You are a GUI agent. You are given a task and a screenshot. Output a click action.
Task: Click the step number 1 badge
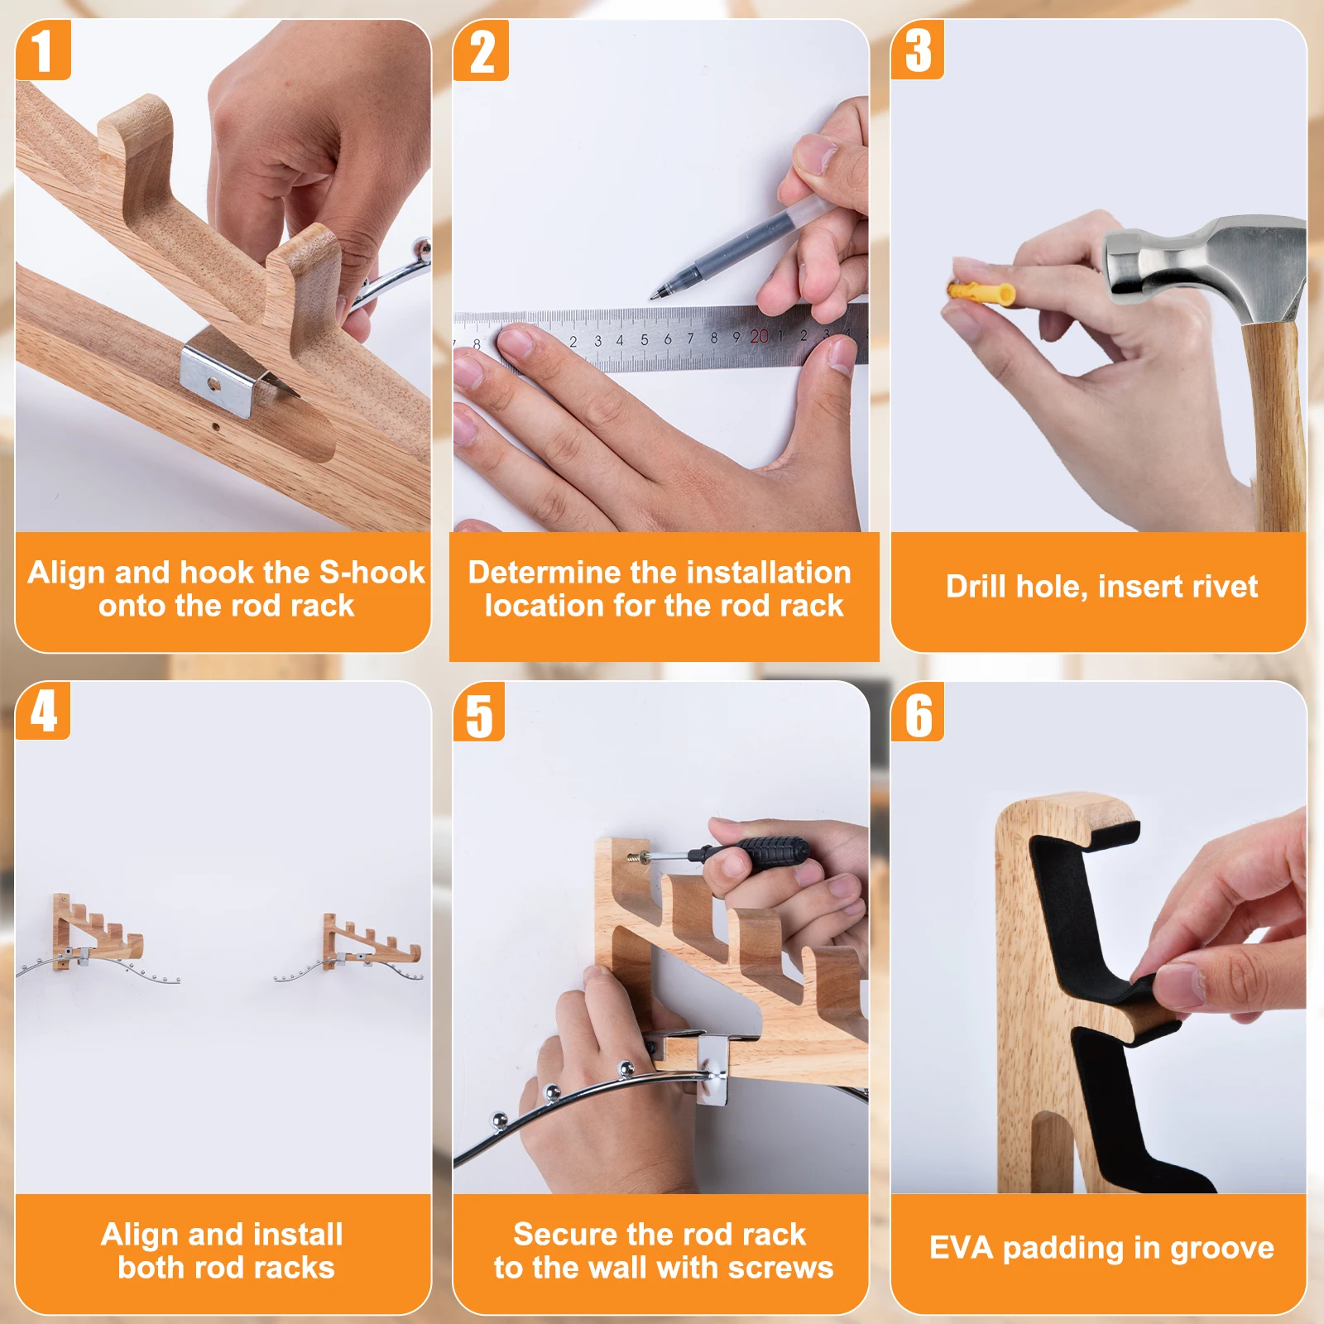pos(43,50)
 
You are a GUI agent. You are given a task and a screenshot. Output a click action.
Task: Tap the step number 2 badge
pos(482,50)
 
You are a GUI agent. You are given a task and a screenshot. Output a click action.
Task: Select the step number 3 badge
pos(918,50)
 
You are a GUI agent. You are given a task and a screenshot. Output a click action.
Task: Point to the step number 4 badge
pos(43,711)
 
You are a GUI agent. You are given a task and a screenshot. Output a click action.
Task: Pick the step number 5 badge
pos(480,712)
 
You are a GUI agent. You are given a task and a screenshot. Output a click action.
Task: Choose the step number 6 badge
pos(918,712)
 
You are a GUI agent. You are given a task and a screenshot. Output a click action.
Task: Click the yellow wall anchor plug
pos(982,292)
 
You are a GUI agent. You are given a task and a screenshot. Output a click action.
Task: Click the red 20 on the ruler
pos(759,336)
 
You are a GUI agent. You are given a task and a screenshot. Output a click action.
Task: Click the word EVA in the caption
pos(960,1247)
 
